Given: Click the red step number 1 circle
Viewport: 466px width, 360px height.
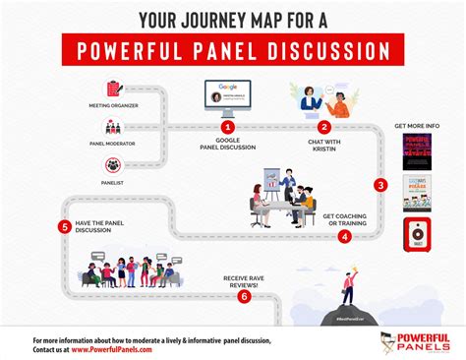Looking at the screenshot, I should (228, 127).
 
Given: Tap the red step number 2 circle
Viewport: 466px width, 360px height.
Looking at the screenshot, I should (324, 127).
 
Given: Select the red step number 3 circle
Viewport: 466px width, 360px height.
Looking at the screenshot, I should (380, 183).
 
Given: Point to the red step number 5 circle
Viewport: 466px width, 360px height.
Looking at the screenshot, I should (65, 226).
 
